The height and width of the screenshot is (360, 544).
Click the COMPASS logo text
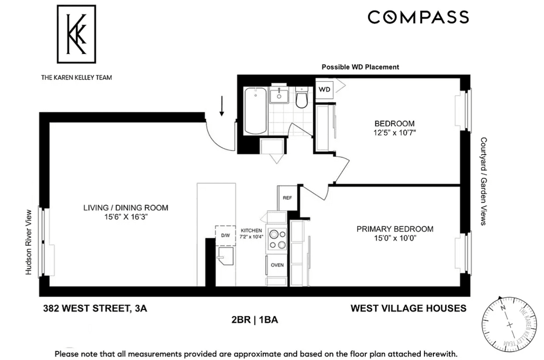click(418, 17)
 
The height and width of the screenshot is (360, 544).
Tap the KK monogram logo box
click(77, 34)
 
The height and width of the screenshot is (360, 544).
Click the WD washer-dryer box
click(325, 89)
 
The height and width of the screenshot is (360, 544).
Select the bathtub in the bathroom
click(255, 111)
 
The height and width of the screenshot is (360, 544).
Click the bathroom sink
click(279, 95)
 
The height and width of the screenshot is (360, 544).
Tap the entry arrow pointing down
click(222, 106)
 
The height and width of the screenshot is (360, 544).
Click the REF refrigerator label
click(287, 198)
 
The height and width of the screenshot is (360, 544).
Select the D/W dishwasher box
click(225, 235)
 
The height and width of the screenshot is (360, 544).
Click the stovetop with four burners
click(277, 240)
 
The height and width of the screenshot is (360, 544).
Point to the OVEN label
click(277, 265)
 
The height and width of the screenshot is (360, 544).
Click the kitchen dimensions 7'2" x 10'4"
click(251, 237)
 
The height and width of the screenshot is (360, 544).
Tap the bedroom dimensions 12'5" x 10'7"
click(395, 133)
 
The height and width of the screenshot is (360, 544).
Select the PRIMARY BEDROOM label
click(395, 229)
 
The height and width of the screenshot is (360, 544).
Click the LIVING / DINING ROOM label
click(126, 208)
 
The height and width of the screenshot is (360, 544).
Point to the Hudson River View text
click(29, 242)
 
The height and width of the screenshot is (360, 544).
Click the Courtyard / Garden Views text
click(484, 181)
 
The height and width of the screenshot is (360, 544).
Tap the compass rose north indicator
click(502, 308)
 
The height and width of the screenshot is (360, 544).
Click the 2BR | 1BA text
click(255, 320)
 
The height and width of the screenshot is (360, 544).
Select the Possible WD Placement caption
click(360, 67)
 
